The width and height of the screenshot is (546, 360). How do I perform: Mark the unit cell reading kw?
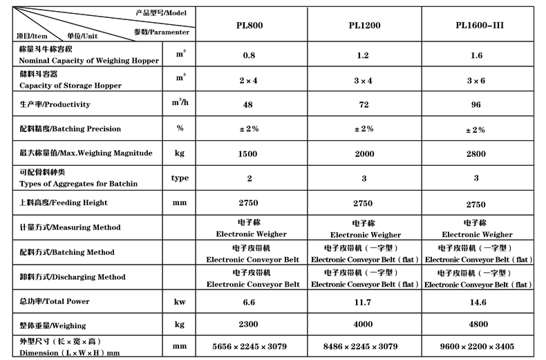(x=180, y=301)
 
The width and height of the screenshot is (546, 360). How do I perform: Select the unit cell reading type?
(x=180, y=178)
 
